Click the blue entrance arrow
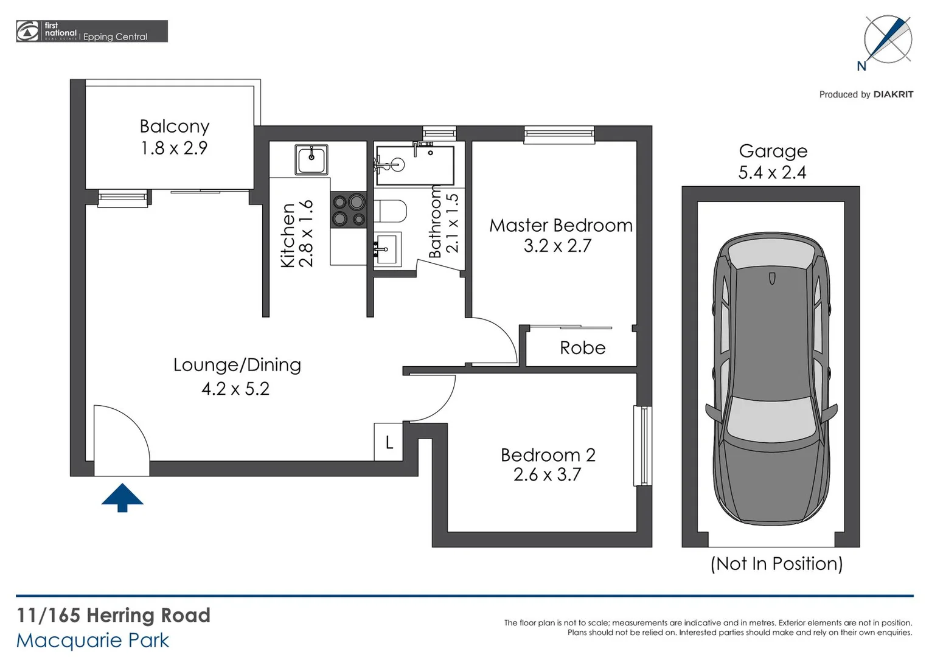(122, 497)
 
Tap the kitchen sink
(311, 159)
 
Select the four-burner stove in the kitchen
(349, 210)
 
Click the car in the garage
(771, 377)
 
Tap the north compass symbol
(888, 40)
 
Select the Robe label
(582, 348)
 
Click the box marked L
(389, 442)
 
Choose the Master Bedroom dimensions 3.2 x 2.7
(557, 246)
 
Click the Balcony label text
(175, 127)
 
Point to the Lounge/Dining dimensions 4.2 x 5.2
(235, 389)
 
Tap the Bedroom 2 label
(548, 455)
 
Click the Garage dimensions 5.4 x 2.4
(772, 173)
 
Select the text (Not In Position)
(776, 564)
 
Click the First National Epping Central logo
(91, 32)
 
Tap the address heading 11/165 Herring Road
(113, 616)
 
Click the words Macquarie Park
(92, 641)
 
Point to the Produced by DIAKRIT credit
(866, 94)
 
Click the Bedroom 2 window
(642, 446)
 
